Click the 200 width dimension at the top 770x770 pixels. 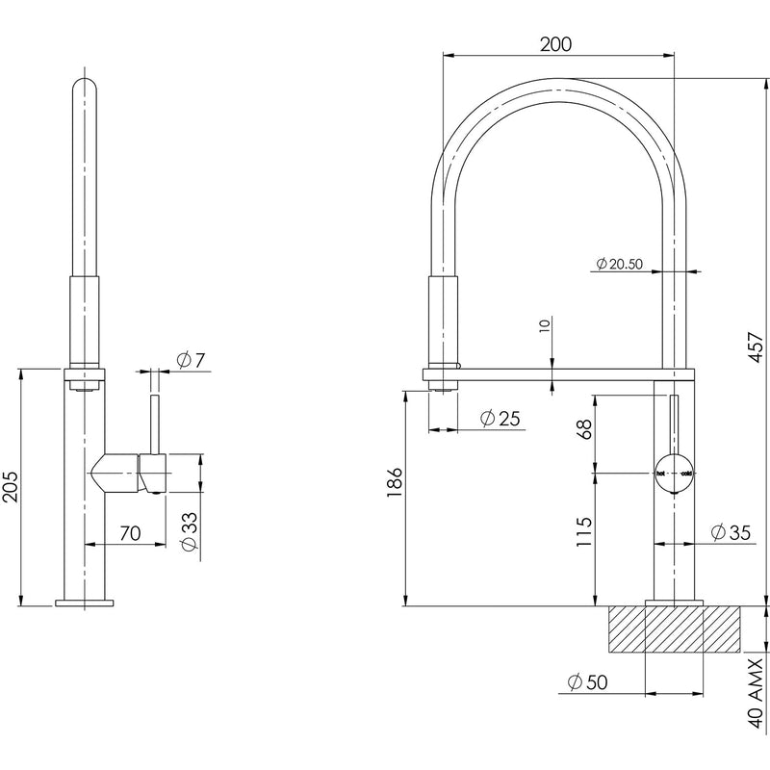coord(557,43)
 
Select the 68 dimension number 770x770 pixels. coord(582,429)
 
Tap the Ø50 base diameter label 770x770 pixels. coord(586,681)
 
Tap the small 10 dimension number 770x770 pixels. coord(545,326)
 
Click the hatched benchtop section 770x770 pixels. coord(675,630)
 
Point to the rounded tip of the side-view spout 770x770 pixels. coord(84,85)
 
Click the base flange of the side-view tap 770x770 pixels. coord(84,603)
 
